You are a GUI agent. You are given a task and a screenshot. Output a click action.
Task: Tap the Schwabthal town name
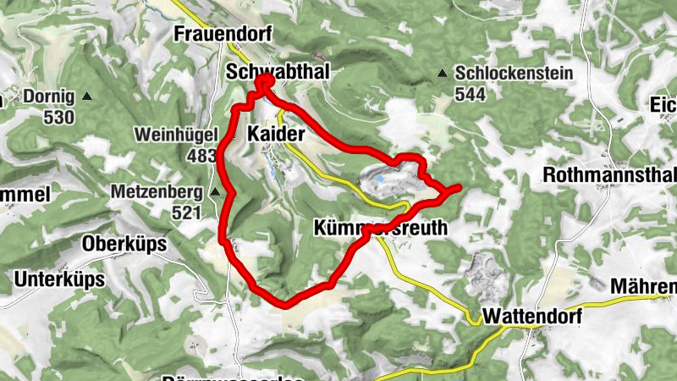pyautogui.click(x=278, y=74)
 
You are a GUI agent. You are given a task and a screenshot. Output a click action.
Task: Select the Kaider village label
pyautogui.click(x=276, y=134)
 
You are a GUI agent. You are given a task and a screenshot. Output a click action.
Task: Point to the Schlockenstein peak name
pyautogui.click(x=515, y=74)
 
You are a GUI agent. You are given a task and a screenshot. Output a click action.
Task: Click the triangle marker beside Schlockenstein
pyautogui.click(x=442, y=75)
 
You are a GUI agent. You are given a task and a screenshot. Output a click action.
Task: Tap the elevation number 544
pyautogui.click(x=470, y=94)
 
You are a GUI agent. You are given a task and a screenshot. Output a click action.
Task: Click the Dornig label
pyautogui.click(x=50, y=97)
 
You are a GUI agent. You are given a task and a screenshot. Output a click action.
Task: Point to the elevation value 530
pyautogui.click(x=58, y=117)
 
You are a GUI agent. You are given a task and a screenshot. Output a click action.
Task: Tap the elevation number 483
pyautogui.click(x=201, y=155)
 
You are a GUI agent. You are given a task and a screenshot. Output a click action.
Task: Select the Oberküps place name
pyautogui.click(x=124, y=244)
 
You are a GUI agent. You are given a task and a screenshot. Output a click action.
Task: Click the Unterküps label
pyautogui.click(x=59, y=279)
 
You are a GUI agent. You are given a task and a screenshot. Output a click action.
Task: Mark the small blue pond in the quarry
pyautogui.click(x=381, y=179)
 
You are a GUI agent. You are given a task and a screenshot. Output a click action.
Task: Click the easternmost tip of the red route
pyautogui.click(x=460, y=186)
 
